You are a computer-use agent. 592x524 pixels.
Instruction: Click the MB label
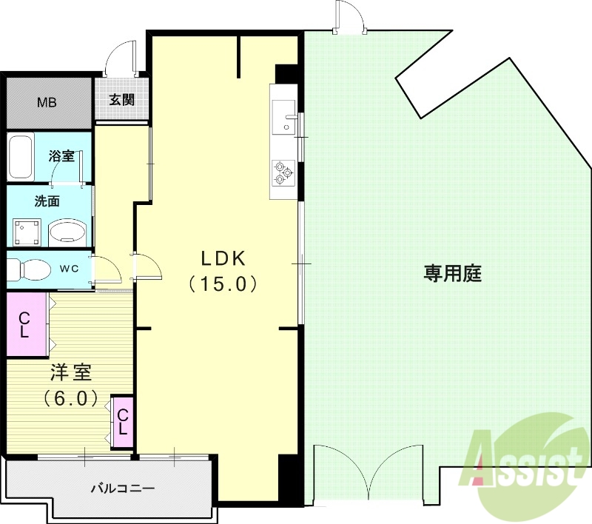(x=47, y=102)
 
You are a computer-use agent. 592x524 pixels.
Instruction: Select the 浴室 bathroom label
(x=61, y=156)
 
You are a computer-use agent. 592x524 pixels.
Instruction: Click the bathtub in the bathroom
(x=21, y=156)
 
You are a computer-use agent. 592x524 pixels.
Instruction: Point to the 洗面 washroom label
(x=47, y=201)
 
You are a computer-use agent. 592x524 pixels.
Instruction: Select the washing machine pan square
(x=26, y=232)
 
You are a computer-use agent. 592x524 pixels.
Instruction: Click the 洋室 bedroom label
(x=70, y=372)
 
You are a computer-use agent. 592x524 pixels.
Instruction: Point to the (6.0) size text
(x=70, y=398)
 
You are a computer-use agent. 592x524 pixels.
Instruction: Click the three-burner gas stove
(x=283, y=172)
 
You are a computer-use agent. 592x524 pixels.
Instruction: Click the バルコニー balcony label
(x=122, y=488)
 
